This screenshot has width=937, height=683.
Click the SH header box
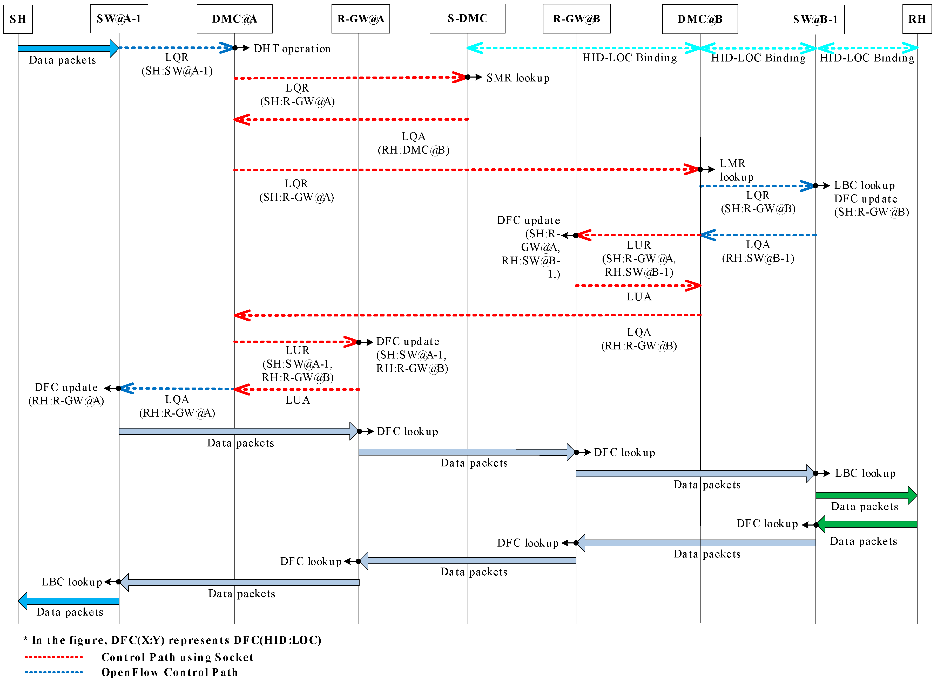click(18, 19)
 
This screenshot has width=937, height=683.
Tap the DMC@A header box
click(234, 19)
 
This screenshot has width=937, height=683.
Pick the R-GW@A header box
click(360, 19)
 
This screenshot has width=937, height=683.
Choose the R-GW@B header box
click(576, 19)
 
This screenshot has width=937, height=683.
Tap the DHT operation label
click(292, 49)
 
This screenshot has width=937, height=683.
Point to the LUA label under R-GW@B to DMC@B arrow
click(639, 297)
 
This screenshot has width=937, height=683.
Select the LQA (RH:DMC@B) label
click(413, 143)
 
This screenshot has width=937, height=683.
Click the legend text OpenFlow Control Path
click(170, 672)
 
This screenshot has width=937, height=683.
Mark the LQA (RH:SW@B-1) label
click(758, 251)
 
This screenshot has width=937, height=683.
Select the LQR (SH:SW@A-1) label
click(177, 64)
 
